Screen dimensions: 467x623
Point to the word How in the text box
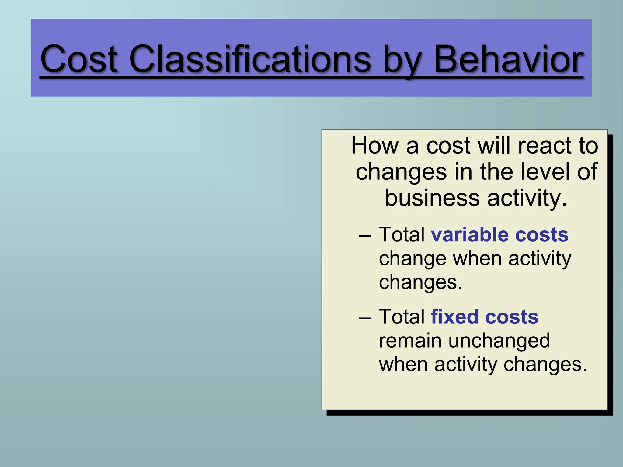(x=374, y=146)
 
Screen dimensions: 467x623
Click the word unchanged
(x=499, y=341)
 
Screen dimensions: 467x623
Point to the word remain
(x=410, y=341)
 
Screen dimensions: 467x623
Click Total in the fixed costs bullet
(x=402, y=317)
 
